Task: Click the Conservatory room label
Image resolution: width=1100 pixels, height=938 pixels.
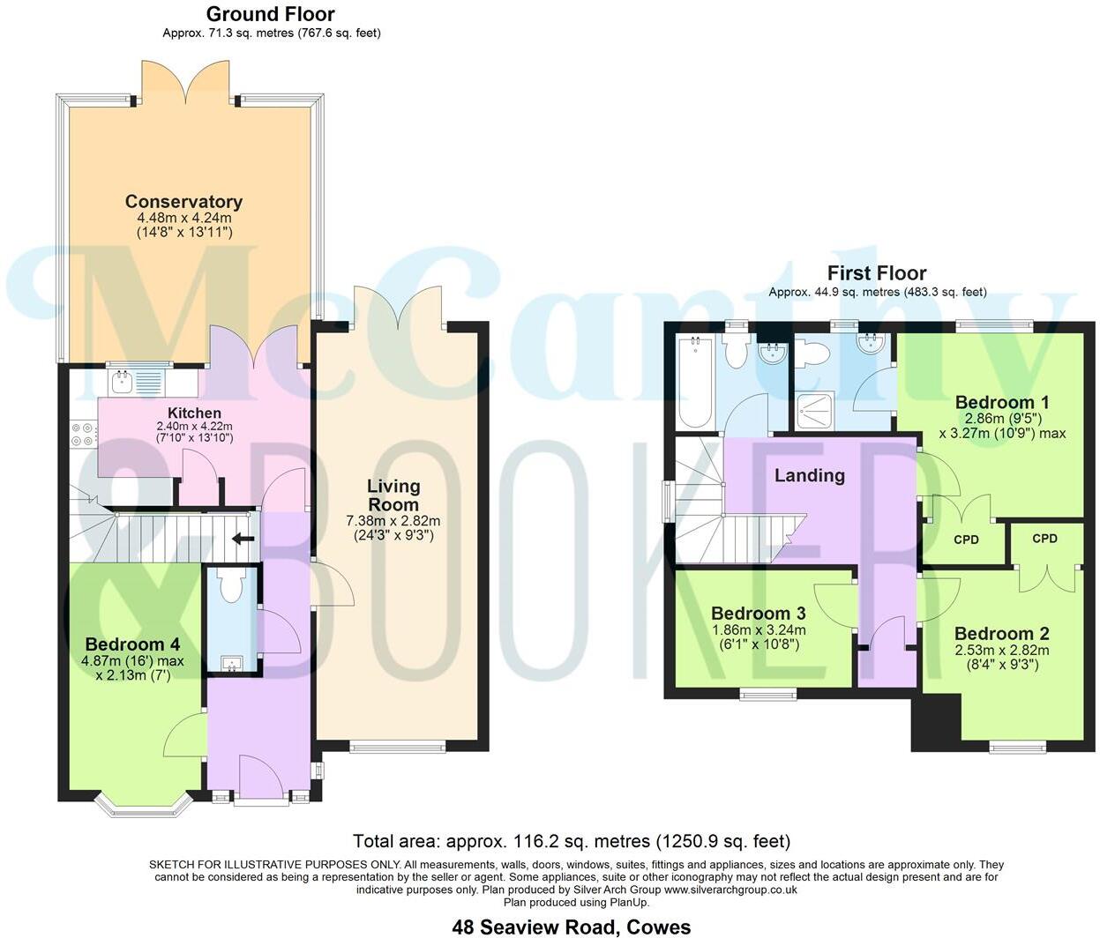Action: [183, 202]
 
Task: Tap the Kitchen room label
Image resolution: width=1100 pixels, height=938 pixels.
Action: [194, 413]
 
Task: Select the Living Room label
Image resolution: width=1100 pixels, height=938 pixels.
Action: [393, 495]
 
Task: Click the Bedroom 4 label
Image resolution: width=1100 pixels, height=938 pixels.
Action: [125, 644]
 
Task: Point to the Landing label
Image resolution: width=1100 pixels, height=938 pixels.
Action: [809, 476]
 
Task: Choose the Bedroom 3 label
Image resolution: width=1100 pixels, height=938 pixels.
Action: [758, 614]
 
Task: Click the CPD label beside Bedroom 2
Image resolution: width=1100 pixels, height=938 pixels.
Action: [1044, 539]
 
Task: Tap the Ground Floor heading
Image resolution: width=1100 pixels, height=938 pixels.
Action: [270, 14]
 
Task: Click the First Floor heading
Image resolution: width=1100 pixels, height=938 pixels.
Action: [876, 273]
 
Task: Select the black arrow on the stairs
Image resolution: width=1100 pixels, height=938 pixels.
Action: [242, 539]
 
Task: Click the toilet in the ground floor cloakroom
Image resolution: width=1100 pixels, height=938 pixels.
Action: [231, 586]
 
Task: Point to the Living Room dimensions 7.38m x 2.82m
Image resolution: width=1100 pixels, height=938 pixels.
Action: [393, 521]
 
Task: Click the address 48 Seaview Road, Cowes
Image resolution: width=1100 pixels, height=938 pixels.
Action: [572, 927]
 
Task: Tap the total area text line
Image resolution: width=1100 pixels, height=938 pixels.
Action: [572, 841]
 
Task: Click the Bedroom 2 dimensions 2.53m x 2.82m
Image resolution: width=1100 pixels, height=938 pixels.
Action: [1001, 651]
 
